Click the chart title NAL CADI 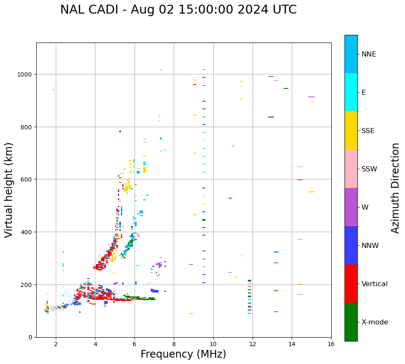tap(178, 10)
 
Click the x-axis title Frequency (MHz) tap(183, 354)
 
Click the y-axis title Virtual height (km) tap(9, 190)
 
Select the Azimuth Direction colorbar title tap(395, 188)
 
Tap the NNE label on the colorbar tap(369, 54)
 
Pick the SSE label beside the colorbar tap(368, 131)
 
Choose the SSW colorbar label tap(369, 169)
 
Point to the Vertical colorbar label tap(374, 284)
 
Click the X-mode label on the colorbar tap(375, 322)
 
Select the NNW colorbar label tap(370, 245)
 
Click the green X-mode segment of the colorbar tap(351, 322)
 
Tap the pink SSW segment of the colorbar tap(351, 169)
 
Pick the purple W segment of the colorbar tap(351, 207)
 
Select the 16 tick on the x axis tap(331, 344)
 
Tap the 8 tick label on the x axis tap(174, 344)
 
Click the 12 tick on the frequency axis tap(253, 344)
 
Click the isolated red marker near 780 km tap(120, 131)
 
